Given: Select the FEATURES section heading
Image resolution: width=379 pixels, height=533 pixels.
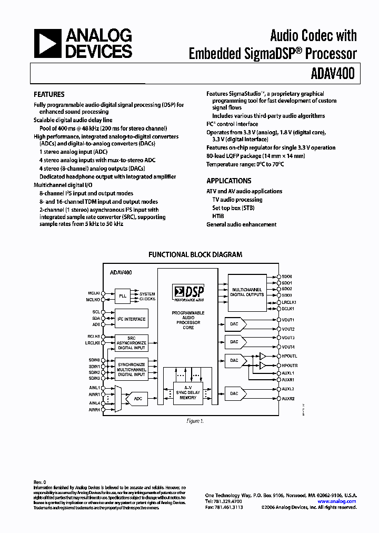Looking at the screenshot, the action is tap(49, 95).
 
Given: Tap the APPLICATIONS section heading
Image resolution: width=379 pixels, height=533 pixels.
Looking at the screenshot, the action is tap(229, 181).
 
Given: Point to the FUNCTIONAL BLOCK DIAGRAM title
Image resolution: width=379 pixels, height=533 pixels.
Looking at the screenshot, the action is tap(195, 254).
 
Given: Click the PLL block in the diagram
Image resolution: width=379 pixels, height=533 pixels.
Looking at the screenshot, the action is tap(123, 296).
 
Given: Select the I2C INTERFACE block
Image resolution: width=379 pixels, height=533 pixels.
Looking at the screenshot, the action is tap(131, 319).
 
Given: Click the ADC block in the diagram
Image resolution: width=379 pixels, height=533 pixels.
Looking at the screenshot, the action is tap(138, 399).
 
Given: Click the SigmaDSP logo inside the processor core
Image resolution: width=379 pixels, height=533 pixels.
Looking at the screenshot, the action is tap(188, 293).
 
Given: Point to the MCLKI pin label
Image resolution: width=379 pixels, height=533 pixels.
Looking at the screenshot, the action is tap(94, 293).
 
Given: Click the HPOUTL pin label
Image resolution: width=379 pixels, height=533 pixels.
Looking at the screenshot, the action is tap(290, 357).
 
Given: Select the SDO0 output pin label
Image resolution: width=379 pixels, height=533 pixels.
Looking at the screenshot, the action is tap(287, 276).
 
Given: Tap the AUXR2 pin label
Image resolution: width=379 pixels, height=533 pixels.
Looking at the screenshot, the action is tap(288, 399).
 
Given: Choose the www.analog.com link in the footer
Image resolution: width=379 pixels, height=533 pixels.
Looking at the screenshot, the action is tap(337, 501).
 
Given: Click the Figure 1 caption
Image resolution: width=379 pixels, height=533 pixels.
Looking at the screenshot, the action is tap(195, 421).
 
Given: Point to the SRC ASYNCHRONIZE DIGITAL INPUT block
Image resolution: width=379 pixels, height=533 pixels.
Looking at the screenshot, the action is tap(131, 343).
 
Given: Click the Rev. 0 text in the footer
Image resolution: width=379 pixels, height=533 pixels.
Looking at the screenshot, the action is tap(40, 482).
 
